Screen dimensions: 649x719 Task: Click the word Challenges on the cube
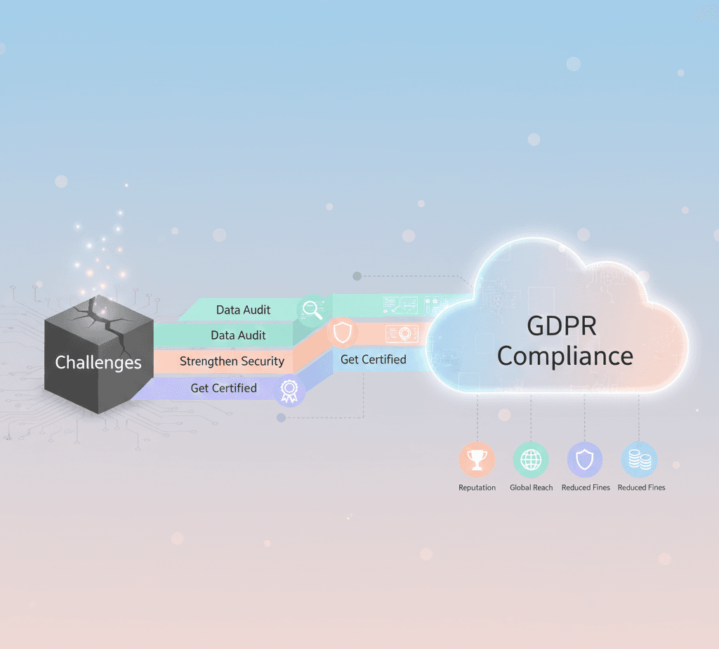[x=98, y=363]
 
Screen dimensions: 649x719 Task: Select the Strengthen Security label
[x=232, y=361]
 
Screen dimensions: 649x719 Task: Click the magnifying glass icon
[x=311, y=309]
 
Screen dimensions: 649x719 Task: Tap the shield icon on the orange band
[x=342, y=333]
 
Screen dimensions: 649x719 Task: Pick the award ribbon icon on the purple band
[x=289, y=391]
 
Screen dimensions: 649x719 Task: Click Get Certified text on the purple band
[x=223, y=388]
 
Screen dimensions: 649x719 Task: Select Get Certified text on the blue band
[x=373, y=359]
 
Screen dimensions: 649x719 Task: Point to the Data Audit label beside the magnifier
[x=243, y=309]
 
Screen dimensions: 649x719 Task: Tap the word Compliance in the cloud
[x=565, y=356]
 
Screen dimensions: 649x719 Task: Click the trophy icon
[x=477, y=460]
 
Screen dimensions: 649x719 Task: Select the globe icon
[x=531, y=460]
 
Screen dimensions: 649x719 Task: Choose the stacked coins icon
[x=640, y=460]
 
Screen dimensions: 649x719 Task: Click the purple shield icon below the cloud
[x=585, y=460]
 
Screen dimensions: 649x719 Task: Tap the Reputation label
[x=477, y=488]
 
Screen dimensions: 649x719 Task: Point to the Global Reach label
[x=531, y=488]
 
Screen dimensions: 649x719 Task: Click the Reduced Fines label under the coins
[x=641, y=488]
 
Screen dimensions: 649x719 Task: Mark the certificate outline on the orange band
[x=402, y=333]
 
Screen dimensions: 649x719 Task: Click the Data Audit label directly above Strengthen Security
[x=238, y=335]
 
